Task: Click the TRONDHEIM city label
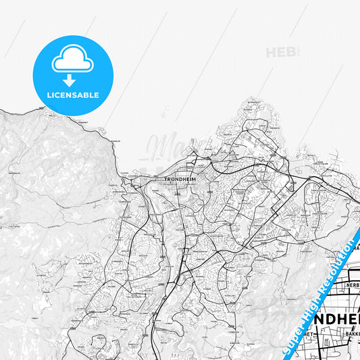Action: click(x=178, y=179)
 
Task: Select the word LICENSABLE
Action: click(x=73, y=95)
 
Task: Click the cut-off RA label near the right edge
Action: click(x=354, y=248)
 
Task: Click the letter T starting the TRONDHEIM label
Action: click(x=166, y=179)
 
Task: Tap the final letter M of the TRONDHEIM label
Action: click(x=191, y=179)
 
